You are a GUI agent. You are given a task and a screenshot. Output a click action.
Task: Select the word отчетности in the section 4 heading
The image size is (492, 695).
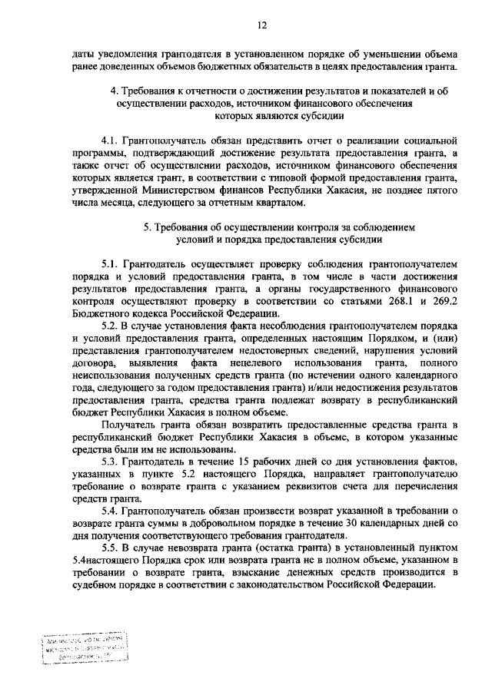tap(196, 91)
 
